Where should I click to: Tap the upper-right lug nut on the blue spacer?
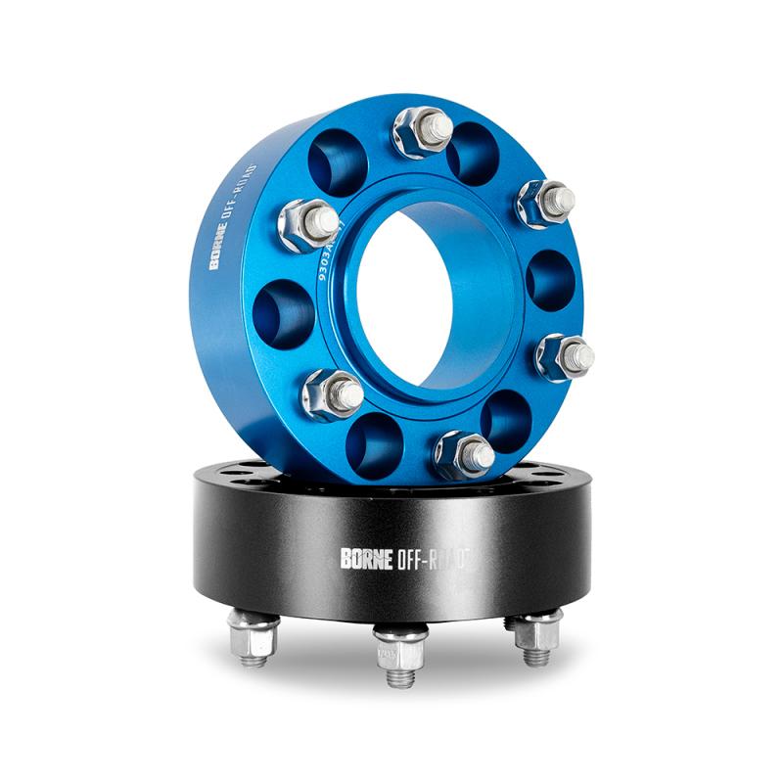coord(545,203)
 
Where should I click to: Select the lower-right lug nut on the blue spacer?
coord(565,356)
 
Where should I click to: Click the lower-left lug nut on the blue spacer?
coord(331,393)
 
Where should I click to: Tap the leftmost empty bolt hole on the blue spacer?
coord(283,313)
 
